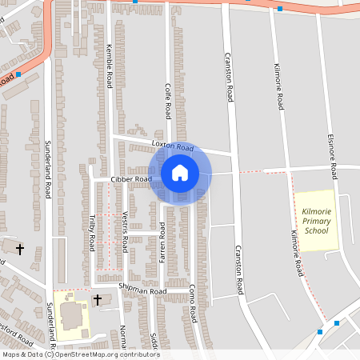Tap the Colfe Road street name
[169, 99]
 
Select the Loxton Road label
[173, 147]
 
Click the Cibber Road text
[131, 180]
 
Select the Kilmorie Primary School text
[316, 219]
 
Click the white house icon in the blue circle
[180, 172]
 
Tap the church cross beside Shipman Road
[98, 300]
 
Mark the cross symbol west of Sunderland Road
[20, 250]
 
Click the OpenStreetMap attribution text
[80, 354]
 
